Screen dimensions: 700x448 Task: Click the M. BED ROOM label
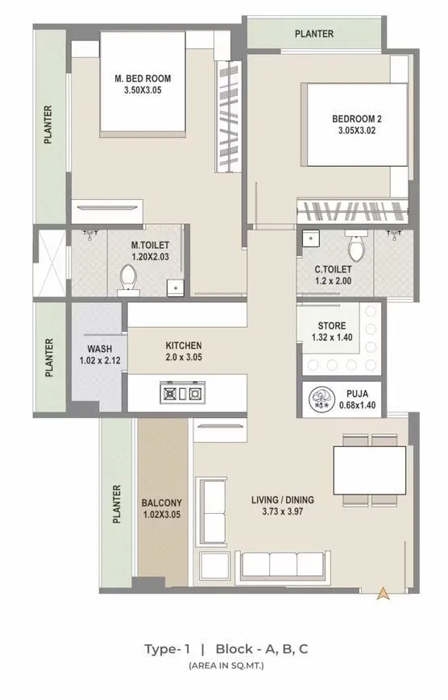pyautogui.click(x=142, y=78)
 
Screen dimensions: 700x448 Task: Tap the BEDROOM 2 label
pyautogui.click(x=357, y=119)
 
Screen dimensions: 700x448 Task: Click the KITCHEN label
pyautogui.click(x=184, y=345)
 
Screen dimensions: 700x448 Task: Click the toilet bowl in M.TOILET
pyautogui.click(x=127, y=278)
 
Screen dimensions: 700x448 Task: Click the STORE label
pyautogui.click(x=331, y=325)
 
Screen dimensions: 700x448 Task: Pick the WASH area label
pyautogui.click(x=100, y=349)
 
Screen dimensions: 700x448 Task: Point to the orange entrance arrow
pyautogui.click(x=384, y=593)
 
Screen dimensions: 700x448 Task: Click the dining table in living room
pyautogui.click(x=370, y=472)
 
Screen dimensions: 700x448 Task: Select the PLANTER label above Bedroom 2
pyautogui.click(x=313, y=34)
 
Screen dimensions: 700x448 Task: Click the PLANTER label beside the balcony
pyautogui.click(x=118, y=503)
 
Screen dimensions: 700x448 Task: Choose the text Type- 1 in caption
pyautogui.click(x=166, y=648)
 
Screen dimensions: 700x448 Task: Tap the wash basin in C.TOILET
pyautogui.click(x=310, y=238)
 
